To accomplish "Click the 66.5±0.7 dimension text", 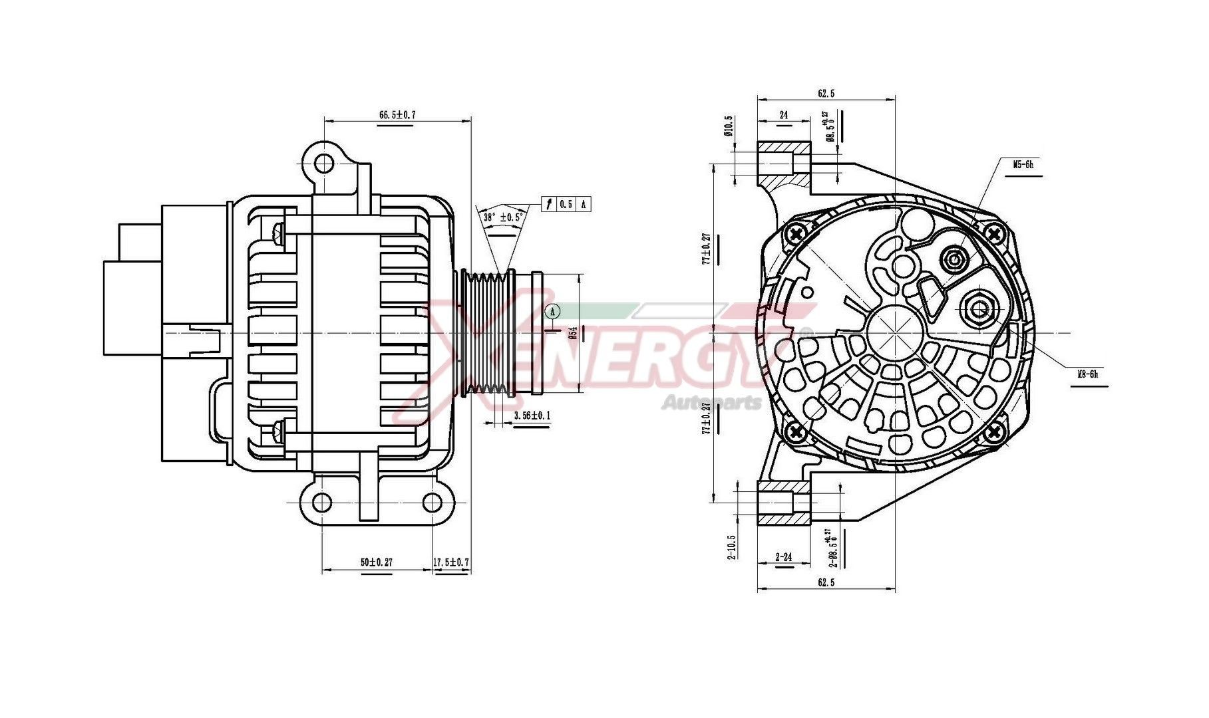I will click(397, 114).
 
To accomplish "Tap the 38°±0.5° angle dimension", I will click(504, 217).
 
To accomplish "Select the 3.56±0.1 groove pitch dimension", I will click(532, 416).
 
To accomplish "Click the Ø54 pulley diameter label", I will click(572, 332).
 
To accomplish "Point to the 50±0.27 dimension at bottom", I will click(377, 562).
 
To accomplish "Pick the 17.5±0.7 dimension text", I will click(451, 562).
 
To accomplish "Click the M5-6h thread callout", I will click(1023, 164).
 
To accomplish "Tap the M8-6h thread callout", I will click(1087, 374).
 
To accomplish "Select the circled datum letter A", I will click(552, 310).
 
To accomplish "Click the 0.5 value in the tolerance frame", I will click(566, 204).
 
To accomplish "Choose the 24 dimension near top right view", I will click(783, 115).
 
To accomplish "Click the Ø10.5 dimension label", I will click(729, 126).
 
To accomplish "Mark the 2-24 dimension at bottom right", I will click(784, 556).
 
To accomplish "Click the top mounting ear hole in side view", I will click(324, 163).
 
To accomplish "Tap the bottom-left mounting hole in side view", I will click(322, 502).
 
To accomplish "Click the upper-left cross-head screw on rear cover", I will click(796, 233).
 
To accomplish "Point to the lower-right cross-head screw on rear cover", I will click(994, 432).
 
